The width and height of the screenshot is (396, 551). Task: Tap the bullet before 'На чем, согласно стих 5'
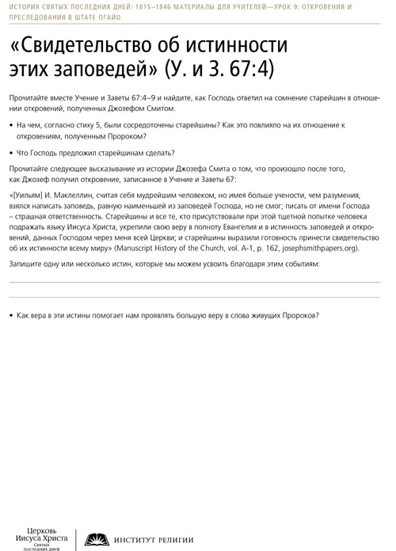click(x=12, y=126)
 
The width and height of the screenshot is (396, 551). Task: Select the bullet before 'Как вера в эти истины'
click(x=12, y=315)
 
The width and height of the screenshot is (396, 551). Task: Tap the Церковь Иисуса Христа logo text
click(x=42, y=535)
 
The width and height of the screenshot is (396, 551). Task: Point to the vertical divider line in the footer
click(x=76, y=535)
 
